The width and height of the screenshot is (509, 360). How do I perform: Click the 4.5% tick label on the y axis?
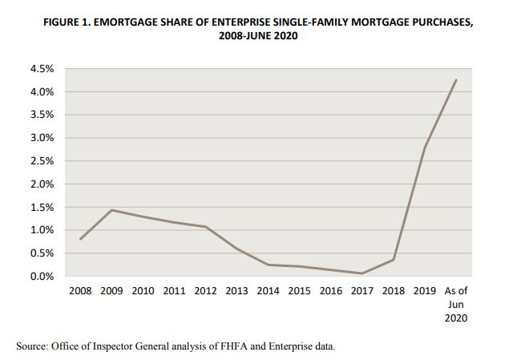tap(42, 69)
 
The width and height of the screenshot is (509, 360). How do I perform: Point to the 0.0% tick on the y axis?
tap(42, 277)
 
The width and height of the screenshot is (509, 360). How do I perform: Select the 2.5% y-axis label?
tap(42, 161)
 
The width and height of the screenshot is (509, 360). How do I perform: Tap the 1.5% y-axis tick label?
tap(42, 208)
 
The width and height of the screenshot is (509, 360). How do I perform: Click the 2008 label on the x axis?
tap(80, 291)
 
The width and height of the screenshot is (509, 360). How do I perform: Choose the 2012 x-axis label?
tap(206, 291)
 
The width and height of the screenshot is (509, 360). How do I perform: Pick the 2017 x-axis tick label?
tap(362, 291)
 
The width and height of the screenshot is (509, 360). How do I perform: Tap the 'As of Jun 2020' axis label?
tap(455, 304)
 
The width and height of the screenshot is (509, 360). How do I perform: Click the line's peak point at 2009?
tap(111, 210)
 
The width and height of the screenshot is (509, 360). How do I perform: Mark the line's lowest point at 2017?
tap(362, 273)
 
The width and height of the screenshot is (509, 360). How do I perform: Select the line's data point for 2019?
tap(425, 148)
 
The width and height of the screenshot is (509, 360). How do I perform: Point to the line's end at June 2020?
tap(456, 80)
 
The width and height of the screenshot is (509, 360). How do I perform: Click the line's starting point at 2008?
tap(80, 239)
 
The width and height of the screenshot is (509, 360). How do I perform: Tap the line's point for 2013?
tap(237, 249)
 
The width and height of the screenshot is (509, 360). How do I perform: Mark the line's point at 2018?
tap(394, 259)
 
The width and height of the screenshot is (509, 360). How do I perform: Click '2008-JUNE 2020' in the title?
tap(253, 36)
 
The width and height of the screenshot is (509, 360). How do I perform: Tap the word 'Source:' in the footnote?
tap(33, 346)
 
